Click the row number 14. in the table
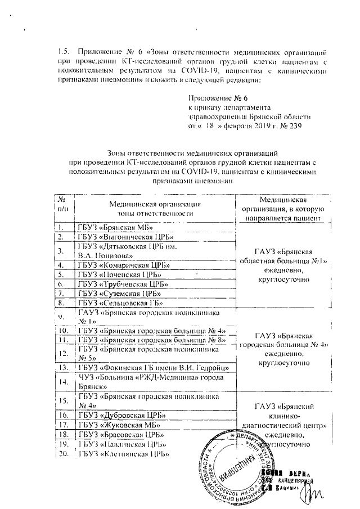coord(64,382)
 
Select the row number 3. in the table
coord(64,251)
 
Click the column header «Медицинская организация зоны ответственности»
coord(154,208)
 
